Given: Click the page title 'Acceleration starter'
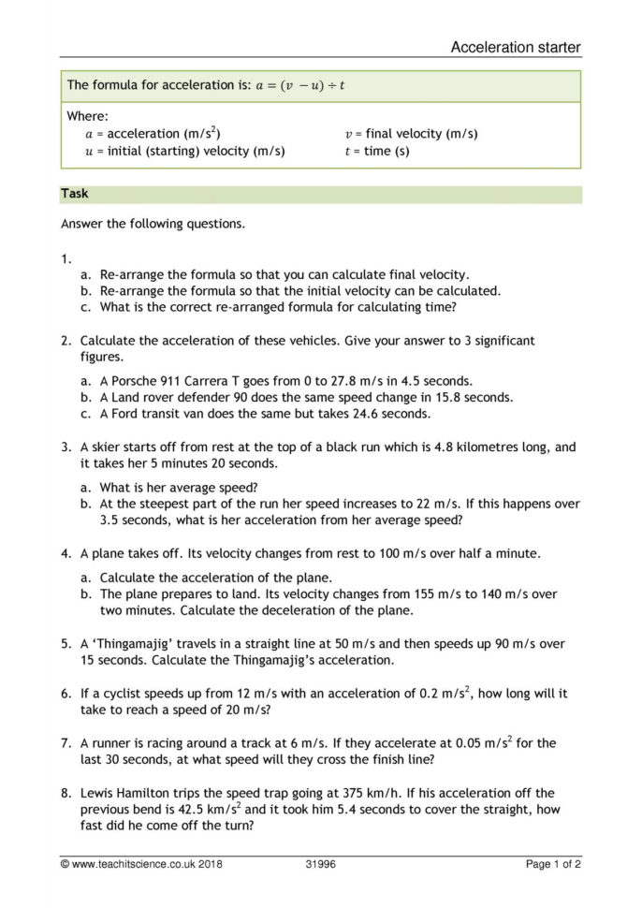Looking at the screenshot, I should coord(515,47).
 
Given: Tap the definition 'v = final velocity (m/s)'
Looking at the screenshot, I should coord(411,134).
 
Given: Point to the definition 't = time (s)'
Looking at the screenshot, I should coord(377,151).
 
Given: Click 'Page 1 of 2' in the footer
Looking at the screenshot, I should coord(553,865).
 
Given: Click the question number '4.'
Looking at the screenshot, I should coord(66,553).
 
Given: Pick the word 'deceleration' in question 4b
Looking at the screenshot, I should coord(326,610).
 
